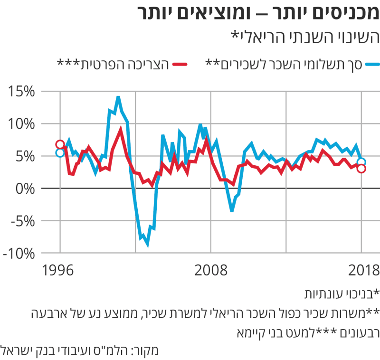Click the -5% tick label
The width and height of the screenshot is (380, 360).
[x=19, y=221]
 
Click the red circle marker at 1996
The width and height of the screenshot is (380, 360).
[x=60, y=144]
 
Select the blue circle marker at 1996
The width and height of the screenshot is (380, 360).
[x=60, y=152]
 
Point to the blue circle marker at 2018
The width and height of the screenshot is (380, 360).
[x=361, y=162]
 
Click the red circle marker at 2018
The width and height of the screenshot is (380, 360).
[x=361, y=169]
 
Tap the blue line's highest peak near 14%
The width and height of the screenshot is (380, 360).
[x=118, y=97]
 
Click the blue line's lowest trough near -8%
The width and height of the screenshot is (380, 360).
[x=147, y=245]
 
